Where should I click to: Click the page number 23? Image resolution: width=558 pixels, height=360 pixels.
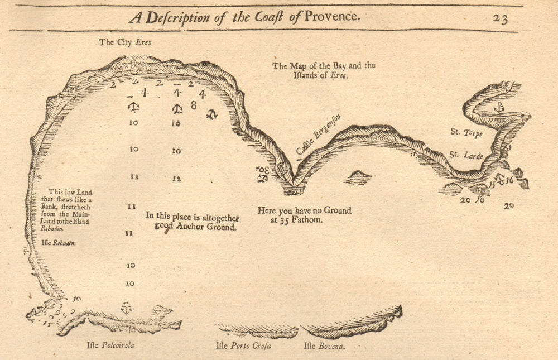[x=499, y=18]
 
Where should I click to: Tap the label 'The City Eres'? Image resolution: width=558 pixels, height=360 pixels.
[x=125, y=42]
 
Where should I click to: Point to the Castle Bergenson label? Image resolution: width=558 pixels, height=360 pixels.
[x=318, y=135]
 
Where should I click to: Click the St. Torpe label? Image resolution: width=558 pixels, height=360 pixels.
[x=466, y=133]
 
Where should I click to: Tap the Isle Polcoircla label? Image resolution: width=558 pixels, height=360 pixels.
[x=110, y=345]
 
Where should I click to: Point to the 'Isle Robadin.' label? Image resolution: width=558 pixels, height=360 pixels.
[x=59, y=243]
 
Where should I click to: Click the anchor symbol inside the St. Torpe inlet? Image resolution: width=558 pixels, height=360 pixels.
[x=499, y=107]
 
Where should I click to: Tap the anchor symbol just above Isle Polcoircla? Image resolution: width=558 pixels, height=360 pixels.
[x=127, y=308]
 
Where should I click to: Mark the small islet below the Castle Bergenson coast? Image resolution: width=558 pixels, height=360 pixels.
[x=358, y=177]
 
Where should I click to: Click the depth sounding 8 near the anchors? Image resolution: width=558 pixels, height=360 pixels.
[x=194, y=104]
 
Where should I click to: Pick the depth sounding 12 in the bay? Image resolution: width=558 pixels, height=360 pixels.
[x=176, y=179]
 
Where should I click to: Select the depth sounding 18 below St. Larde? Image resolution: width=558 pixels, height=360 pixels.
[x=479, y=199]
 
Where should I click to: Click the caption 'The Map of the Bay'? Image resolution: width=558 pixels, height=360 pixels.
[x=324, y=70]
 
